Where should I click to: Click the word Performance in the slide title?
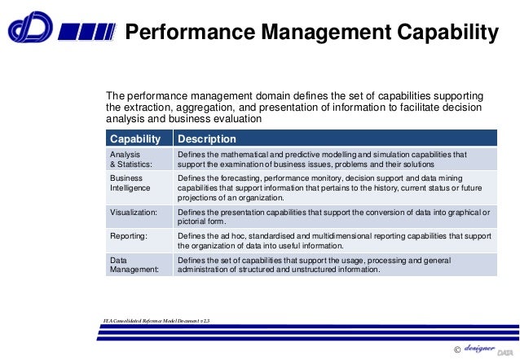pos(182,33)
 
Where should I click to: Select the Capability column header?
pos(135,139)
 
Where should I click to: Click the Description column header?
pos(207,139)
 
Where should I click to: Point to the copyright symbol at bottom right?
pos(456,349)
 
